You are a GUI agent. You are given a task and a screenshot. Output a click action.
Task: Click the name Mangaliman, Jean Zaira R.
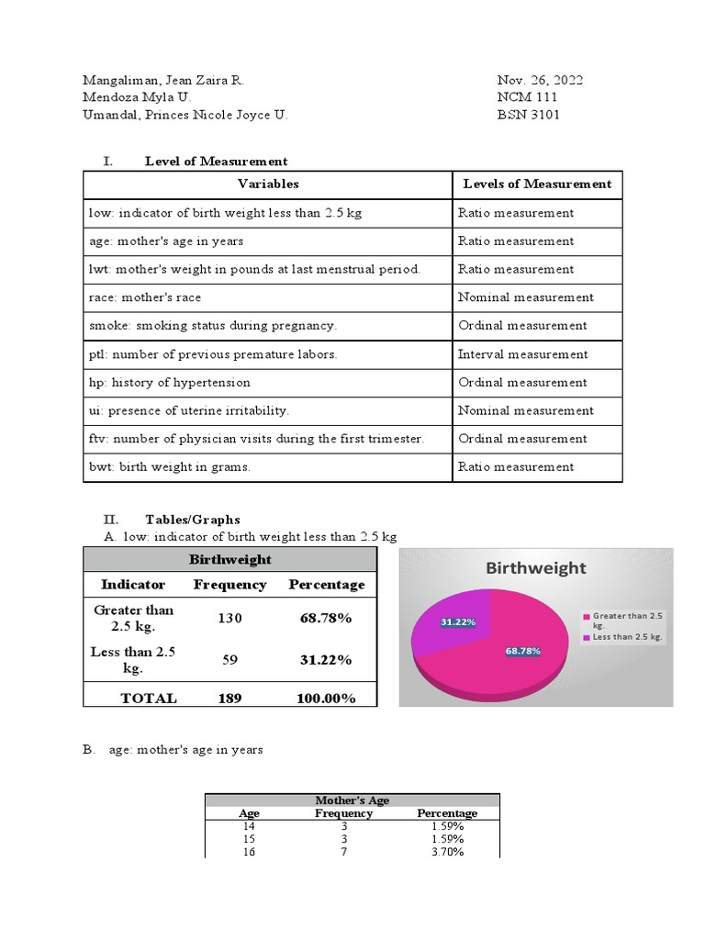point(163,81)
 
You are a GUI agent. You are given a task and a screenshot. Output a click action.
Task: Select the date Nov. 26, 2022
point(540,81)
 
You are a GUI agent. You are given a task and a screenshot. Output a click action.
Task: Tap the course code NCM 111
point(527,97)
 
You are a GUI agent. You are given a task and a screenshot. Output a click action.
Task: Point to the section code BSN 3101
point(528,115)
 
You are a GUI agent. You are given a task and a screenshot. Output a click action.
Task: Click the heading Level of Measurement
point(216,162)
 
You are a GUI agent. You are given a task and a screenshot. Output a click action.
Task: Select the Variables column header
point(268,184)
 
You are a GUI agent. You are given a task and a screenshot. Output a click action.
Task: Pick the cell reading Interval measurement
point(523,354)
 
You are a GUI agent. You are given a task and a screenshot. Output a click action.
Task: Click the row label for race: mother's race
point(145,297)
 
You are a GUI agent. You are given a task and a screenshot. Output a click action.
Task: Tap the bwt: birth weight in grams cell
point(170,467)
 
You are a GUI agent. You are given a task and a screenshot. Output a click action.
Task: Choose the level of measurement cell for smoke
point(522,326)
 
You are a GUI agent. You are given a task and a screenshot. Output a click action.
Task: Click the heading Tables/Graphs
point(193,520)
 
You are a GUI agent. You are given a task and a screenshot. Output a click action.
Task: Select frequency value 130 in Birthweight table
point(229,619)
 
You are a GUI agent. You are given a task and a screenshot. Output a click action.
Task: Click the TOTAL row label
point(149,699)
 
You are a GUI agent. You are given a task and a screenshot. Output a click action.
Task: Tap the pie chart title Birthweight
point(535,568)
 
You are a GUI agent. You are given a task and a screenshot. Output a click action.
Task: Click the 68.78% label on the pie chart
point(522,651)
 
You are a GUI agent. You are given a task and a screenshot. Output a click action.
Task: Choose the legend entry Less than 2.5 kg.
point(628,636)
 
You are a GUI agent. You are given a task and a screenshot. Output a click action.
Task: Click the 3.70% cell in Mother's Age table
point(447,852)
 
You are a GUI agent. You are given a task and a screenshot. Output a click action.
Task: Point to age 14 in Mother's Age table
point(249,826)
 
